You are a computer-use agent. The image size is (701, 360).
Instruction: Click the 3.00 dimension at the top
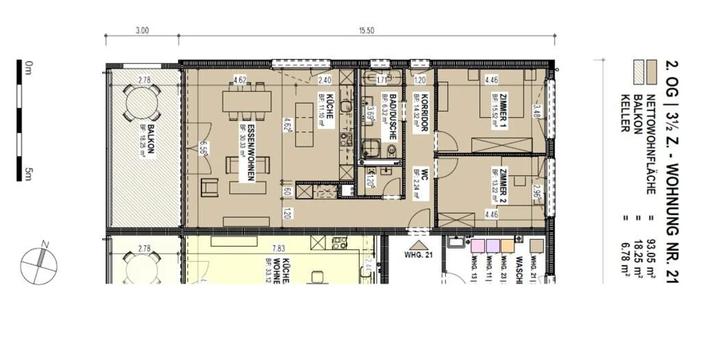point(142,30)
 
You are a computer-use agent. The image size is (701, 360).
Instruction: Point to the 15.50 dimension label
point(367,30)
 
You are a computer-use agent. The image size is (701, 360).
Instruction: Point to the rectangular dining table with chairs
point(247,102)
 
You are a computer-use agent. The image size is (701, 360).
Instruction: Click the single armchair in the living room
point(210,187)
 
